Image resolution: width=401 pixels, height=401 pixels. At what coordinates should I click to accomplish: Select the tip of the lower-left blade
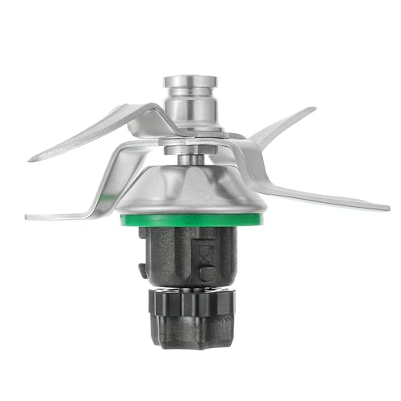pos(27,217)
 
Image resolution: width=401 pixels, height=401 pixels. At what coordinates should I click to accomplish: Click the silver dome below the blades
pos(192,188)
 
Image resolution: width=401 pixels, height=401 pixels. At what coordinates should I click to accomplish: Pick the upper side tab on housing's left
pos(144,241)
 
